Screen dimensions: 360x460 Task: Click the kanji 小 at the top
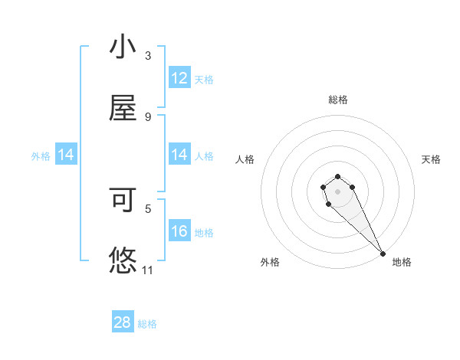tap(123, 47)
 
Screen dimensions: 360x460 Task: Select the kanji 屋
tap(123, 110)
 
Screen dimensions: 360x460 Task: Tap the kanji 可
tap(123, 200)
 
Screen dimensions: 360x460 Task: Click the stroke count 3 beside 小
tap(148, 56)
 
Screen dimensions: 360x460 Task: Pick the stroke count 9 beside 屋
tap(148, 117)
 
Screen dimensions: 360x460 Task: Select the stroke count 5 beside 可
tap(148, 208)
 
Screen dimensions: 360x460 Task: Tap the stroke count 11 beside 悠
tap(148, 270)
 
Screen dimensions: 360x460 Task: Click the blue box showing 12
tap(179, 78)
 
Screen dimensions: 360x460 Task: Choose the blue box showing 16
tap(179, 231)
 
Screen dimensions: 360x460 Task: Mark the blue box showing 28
tap(123, 322)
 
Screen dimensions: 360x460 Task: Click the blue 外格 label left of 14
tap(41, 156)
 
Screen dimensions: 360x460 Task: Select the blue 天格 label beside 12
tap(204, 79)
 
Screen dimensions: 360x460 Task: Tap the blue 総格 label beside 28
tap(147, 324)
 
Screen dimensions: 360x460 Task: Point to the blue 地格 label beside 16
tap(204, 233)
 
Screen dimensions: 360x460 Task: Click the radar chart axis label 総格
tap(338, 100)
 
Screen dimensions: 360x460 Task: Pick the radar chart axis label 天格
tap(431, 159)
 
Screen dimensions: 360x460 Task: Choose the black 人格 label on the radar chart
tap(245, 159)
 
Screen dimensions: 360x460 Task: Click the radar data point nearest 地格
tap(383, 254)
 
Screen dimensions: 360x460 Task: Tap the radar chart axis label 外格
tap(270, 262)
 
